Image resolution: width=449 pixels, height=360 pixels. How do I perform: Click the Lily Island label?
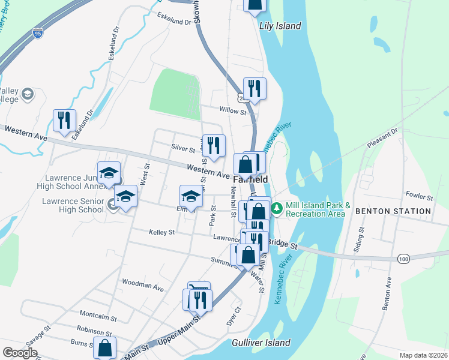tap(280, 26)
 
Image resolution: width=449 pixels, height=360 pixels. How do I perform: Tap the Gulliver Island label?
tap(261, 343)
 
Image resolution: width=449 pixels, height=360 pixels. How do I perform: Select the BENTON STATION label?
tap(393, 211)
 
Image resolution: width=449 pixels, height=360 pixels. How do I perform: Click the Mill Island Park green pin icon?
tap(277, 209)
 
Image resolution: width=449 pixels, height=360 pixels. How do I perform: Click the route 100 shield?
tap(403, 257)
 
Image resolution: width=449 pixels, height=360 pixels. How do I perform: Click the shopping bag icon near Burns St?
tap(104, 347)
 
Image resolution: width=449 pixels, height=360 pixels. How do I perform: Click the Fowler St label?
tap(419, 196)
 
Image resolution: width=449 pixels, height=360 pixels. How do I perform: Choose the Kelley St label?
tap(162, 232)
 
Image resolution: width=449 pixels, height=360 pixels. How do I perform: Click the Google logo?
tap(20, 353)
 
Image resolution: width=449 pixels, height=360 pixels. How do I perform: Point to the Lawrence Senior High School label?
tap(73, 205)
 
